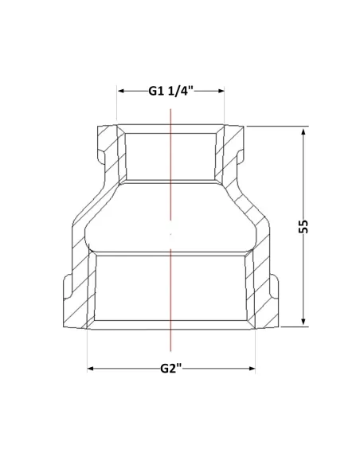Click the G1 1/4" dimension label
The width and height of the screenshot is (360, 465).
(170, 91)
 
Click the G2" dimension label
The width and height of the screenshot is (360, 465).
(170, 369)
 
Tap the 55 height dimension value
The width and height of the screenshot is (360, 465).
(303, 227)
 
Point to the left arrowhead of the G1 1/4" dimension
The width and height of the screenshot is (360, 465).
(121, 91)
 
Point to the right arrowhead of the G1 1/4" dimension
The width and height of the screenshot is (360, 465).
(221, 91)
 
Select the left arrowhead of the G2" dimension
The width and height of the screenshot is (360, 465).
(91, 369)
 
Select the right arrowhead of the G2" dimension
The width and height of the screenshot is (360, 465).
(252, 369)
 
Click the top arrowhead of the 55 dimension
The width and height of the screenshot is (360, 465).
(303, 132)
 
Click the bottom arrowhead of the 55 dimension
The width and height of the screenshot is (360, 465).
(303, 322)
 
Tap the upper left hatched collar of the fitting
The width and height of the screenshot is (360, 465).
(108, 148)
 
